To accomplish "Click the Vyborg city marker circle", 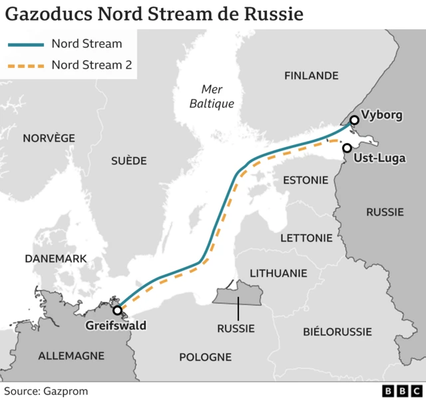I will point(354,120).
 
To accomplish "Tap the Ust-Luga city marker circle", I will point(347,148).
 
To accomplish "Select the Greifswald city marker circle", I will point(117,310).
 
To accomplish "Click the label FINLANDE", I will point(311,76).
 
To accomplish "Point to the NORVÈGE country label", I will point(49,138).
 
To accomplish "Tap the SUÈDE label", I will point(128,160).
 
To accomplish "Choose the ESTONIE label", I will point(306,180).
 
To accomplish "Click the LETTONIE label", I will point(306,238).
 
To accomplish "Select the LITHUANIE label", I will point(278,273).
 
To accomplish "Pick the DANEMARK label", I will point(55,258).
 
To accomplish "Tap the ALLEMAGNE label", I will point(71,355).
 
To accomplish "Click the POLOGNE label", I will point(205,357).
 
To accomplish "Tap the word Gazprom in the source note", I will point(66,391).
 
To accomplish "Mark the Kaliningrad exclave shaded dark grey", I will point(238,292).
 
